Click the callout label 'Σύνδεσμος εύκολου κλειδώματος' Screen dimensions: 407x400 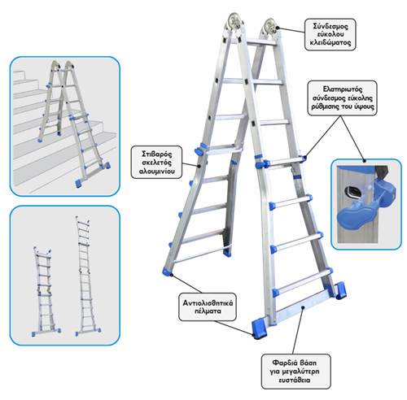(330, 34)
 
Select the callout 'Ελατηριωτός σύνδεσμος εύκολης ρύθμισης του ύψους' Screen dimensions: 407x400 (342, 98)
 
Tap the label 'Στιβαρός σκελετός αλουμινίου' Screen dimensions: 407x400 (156, 162)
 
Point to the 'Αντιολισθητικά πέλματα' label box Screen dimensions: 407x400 (208, 307)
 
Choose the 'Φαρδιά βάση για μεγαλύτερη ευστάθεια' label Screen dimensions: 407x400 (295, 371)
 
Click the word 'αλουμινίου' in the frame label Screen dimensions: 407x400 (156, 172)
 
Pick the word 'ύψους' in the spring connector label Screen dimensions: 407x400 (365, 107)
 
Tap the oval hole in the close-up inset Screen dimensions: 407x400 (352, 193)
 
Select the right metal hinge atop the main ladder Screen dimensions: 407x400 (270, 27)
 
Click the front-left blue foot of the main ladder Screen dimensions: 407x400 (167, 271)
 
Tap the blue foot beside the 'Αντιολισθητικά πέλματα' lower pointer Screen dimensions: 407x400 (259, 329)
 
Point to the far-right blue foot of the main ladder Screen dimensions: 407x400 (339, 290)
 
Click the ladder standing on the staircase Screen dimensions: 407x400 (74, 124)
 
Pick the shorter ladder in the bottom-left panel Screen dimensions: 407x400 (46, 292)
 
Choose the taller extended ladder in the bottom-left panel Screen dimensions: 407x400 (87, 276)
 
